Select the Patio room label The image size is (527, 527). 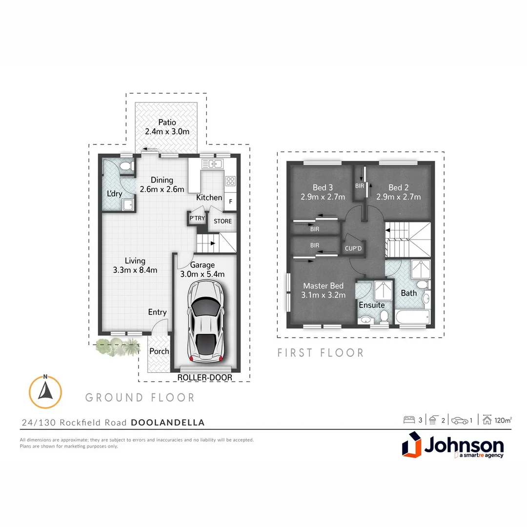coord(167,122)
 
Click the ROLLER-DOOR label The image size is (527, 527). coord(204,378)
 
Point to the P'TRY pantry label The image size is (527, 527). coord(197,218)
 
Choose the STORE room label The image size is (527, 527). coord(223,221)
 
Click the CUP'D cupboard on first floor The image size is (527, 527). coord(353,248)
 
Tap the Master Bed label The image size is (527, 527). coord(324,286)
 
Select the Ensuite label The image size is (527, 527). coord(372,305)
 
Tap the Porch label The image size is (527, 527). coord(159,351)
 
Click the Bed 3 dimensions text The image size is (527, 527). coord(323,197)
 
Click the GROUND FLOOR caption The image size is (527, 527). coord(140,398)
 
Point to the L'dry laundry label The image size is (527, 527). coord(115,194)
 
